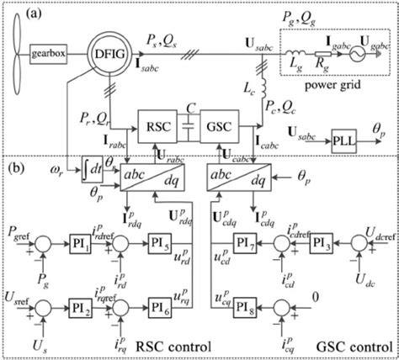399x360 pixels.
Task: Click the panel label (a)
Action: (20, 13)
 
